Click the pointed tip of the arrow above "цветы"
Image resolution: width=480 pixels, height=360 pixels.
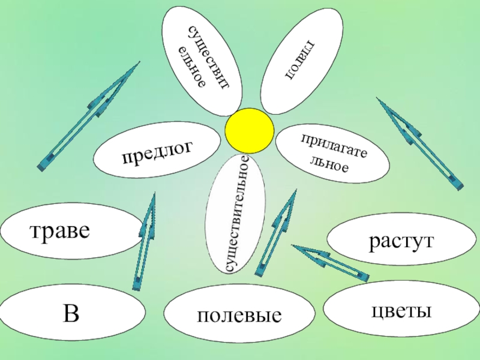[x=295, y=247]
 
